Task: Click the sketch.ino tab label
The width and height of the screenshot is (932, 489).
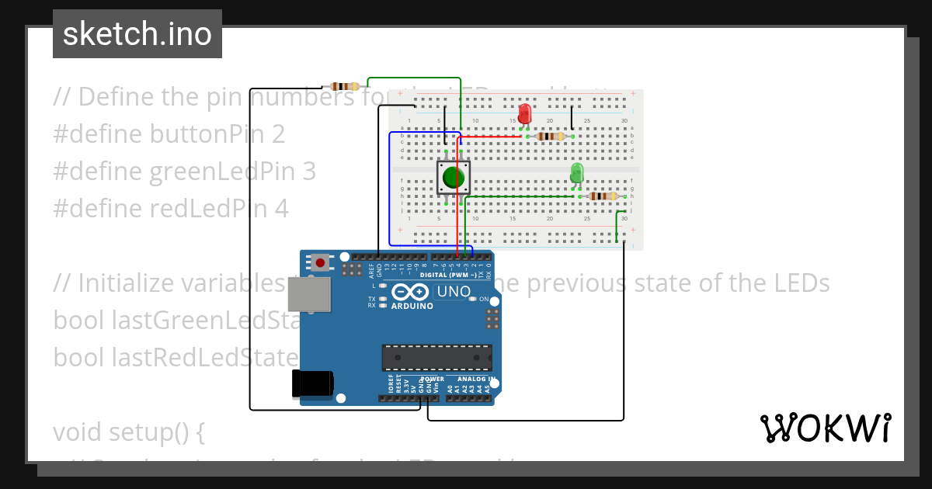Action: click(137, 34)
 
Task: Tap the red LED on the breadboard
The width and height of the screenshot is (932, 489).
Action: click(524, 113)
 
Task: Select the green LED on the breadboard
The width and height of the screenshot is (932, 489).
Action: click(576, 172)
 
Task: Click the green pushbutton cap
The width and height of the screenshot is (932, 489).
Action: click(454, 179)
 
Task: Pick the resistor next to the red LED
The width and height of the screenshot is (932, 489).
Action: click(551, 137)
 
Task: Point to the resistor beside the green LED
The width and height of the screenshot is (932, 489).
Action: click(603, 196)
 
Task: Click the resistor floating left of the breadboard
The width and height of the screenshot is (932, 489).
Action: click(344, 86)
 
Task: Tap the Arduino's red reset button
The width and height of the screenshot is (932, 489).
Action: click(320, 262)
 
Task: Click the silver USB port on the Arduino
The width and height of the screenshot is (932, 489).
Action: click(309, 295)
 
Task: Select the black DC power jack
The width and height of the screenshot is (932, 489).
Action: click(312, 383)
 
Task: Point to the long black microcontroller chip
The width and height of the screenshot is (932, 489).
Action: click(436, 357)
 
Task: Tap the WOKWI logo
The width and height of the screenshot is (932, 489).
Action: click(825, 428)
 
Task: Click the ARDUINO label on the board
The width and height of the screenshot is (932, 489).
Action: click(412, 306)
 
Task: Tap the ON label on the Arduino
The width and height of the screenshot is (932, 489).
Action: click(483, 299)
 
